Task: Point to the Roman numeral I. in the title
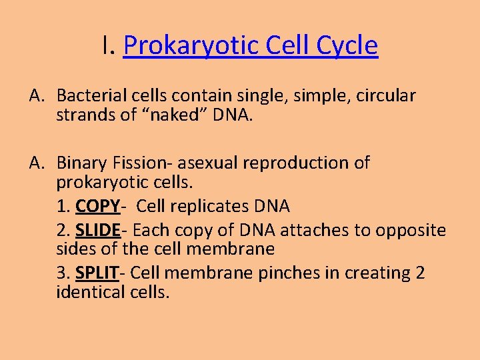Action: [109, 46]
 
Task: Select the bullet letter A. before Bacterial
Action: [37, 96]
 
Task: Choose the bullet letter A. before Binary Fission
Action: [37, 163]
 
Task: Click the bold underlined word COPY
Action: [97, 206]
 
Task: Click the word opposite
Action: [410, 231]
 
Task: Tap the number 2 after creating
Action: [419, 273]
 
